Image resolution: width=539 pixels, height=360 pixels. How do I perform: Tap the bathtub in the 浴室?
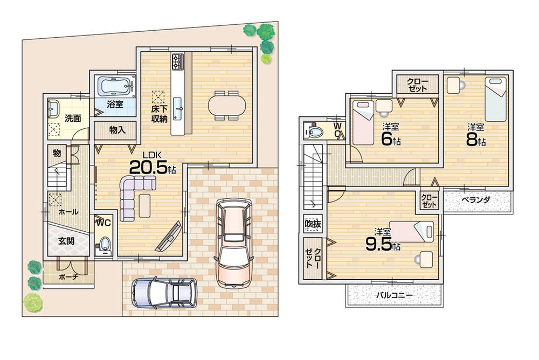point(115,86)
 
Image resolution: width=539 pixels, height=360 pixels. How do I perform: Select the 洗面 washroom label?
point(73,118)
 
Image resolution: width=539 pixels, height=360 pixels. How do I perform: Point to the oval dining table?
point(226,105)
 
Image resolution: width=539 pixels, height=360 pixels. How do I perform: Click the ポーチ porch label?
point(68,276)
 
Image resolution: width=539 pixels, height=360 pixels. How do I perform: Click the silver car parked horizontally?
point(163,293)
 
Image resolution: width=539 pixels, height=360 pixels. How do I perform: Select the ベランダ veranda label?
point(475,199)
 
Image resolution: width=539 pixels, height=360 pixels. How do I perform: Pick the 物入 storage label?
point(117,130)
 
